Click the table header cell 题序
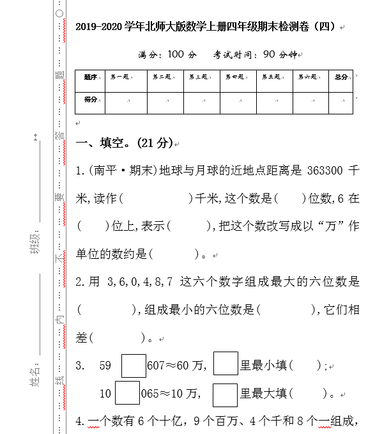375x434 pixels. (x=90, y=77)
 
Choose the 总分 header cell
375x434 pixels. (x=341, y=77)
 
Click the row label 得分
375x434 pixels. (x=90, y=100)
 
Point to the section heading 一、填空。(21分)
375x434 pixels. (x=124, y=143)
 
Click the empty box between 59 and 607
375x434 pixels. (x=134, y=366)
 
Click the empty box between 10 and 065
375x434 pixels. (x=127, y=392)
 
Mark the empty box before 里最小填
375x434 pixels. (x=226, y=364)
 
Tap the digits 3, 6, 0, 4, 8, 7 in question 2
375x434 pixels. (x=140, y=281)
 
